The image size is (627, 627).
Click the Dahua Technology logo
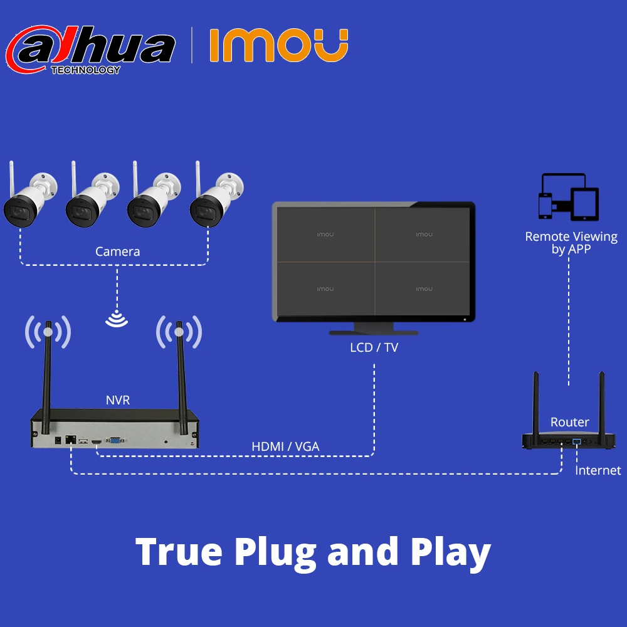[x=90, y=49]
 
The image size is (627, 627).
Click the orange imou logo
[x=278, y=45]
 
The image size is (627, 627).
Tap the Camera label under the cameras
[x=117, y=251]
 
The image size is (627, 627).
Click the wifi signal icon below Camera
[x=117, y=319]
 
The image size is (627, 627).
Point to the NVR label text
[x=118, y=399]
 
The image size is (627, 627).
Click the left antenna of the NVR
[x=47, y=376]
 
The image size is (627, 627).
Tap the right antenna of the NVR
[x=182, y=376]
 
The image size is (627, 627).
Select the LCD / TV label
[x=374, y=347]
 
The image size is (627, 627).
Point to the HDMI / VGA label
[x=285, y=446]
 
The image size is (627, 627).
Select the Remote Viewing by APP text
[x=571, y=243]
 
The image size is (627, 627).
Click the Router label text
[x=570, y=422]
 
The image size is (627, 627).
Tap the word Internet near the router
[x=598, y=470]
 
